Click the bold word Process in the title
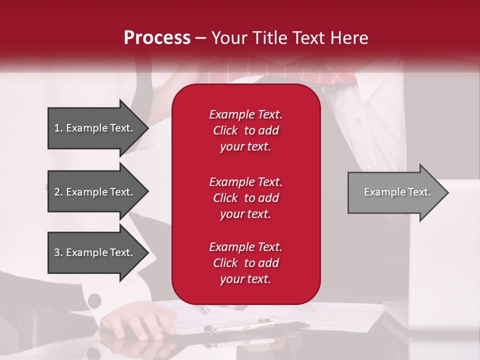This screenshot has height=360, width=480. (x=157, y=38)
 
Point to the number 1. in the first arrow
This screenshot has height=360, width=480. (x=58, y=128)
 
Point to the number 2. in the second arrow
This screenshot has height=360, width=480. (x=58, y=192)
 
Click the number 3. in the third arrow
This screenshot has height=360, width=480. (x=58, y=252)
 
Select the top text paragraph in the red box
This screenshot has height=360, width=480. (x=245, y=130)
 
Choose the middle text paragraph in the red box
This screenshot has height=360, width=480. (x=245, y=198)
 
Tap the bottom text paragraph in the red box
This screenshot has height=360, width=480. (x=245, y=263)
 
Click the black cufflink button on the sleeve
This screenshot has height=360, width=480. (x=94, y=300)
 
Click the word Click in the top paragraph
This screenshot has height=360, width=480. (x=225, y=130)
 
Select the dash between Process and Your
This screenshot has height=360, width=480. (x=201, y=38)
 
